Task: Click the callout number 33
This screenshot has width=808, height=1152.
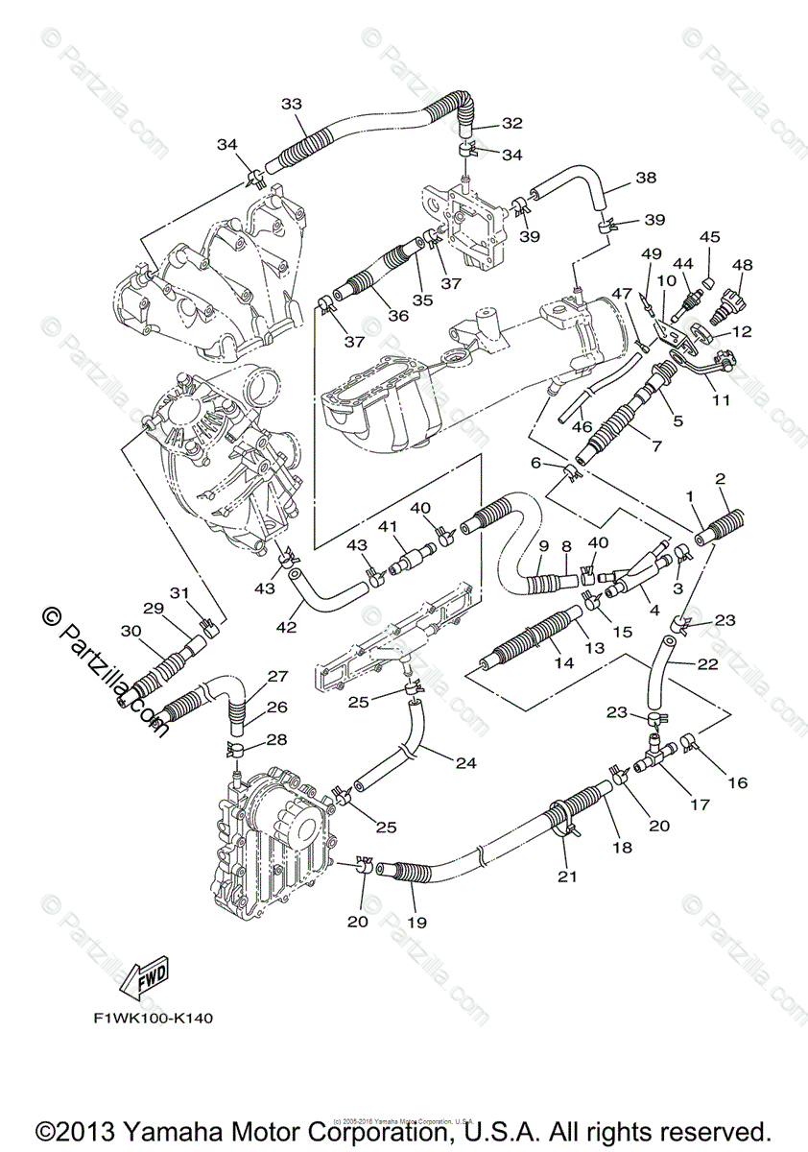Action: pos(292,105)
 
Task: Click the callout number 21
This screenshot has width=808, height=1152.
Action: pos(567,875)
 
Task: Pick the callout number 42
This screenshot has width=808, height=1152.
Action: pos(286,627)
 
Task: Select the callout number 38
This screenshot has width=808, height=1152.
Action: pos(645,179)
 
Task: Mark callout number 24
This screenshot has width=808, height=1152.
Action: pos(465,764)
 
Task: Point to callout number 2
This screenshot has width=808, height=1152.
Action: pos(720,478)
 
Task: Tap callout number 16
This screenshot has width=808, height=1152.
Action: pos(736,782)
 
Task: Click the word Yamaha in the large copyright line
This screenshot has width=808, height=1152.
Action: pos(138,1129)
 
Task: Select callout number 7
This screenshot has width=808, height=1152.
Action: pos(655,446)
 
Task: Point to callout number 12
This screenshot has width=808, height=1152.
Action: pos(743,332)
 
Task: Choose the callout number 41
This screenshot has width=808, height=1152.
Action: pos(387,526)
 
